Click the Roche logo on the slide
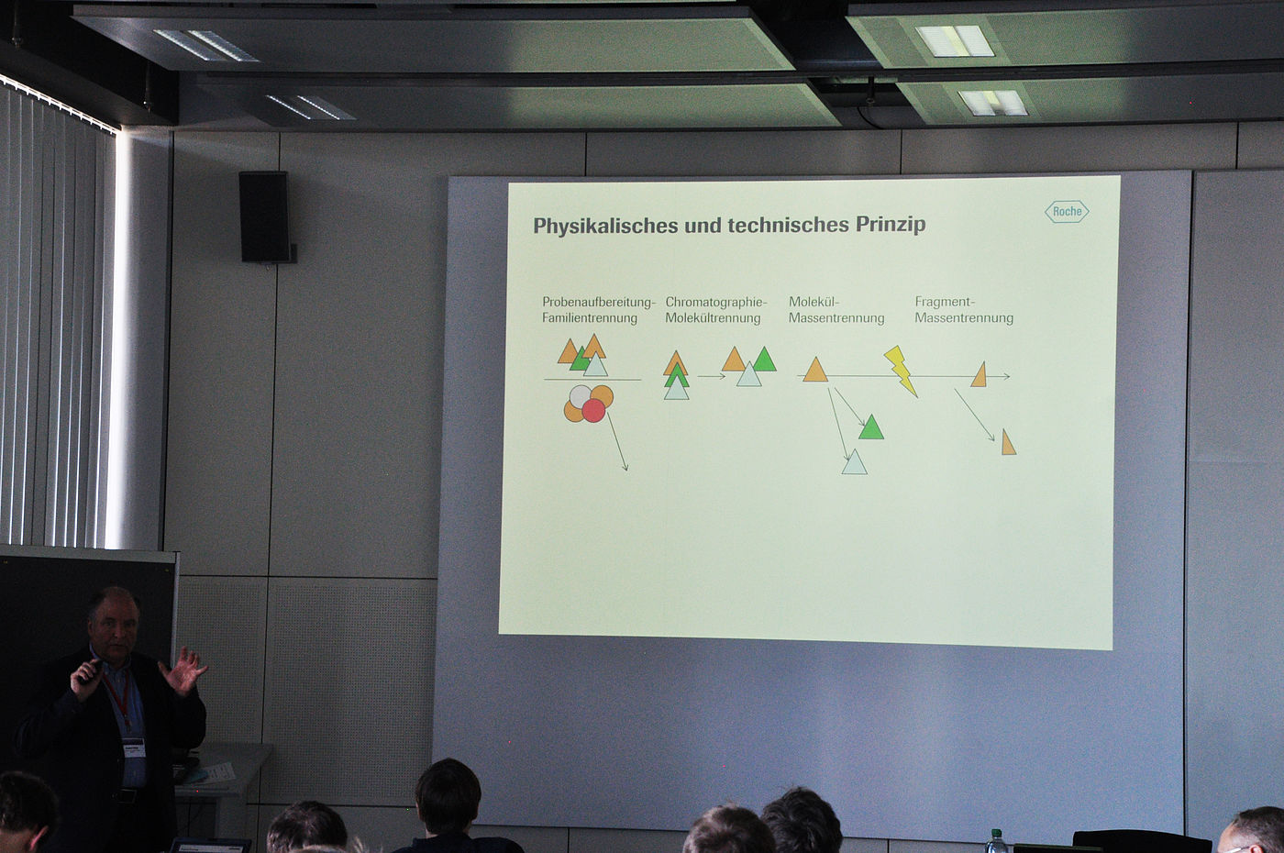coord(1066,212)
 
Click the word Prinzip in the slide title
coord(891,225)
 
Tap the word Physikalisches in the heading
coord(606,226)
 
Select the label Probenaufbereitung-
coord(599,302)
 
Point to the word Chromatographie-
coord(716,302)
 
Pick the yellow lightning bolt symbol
coord(901,371)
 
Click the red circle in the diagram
coord(594,410)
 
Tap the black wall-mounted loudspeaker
coord(265,216)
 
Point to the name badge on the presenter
coord(134,748)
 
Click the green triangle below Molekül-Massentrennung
coord(870,428)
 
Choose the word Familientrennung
coord(590,318)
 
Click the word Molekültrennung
coord(714,318)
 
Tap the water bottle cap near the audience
coord(996,833)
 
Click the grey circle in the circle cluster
coord(580,396)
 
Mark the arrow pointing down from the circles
coord(617,442)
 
